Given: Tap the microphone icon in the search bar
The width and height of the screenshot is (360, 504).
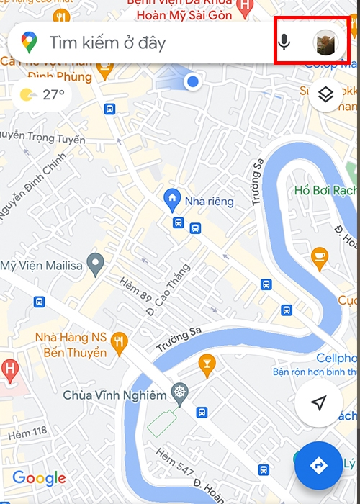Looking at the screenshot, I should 284,42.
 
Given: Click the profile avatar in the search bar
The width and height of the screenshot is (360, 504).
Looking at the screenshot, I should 325,42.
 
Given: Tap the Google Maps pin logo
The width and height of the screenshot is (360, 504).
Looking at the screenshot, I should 29,42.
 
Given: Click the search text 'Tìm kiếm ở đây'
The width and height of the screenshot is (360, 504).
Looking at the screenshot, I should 107,42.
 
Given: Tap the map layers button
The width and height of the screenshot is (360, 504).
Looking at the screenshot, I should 325,95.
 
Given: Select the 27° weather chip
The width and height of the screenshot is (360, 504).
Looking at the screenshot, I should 42,94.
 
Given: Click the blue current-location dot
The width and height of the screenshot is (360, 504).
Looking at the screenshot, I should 192,82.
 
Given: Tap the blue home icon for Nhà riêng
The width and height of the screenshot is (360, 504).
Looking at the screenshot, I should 172,197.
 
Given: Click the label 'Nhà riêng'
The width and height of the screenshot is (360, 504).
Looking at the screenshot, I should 210,202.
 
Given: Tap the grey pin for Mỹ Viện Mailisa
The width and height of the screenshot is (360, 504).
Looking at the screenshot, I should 95,264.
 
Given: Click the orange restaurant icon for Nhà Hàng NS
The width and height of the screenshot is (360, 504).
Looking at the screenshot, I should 120,340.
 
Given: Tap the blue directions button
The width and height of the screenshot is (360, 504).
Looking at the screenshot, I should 319,466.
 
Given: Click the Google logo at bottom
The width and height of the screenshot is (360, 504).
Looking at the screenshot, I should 39,478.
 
